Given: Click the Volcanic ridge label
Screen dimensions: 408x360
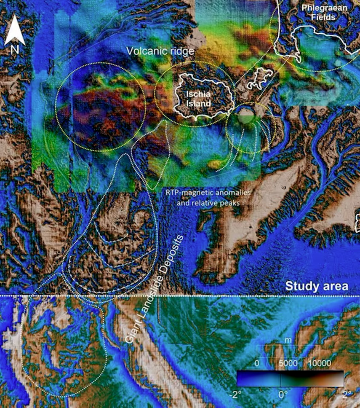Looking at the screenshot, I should tap(160, 51).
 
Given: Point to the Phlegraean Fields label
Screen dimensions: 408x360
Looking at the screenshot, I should tap(320, 13).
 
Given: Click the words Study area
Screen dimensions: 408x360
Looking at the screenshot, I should tap(317, 286).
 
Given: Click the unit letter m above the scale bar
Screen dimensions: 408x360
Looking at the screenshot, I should tap(285, 340).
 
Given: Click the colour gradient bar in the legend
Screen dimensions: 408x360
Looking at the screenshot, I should tap(290, 378).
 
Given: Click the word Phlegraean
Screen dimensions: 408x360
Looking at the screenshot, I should tap(320, 8).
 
